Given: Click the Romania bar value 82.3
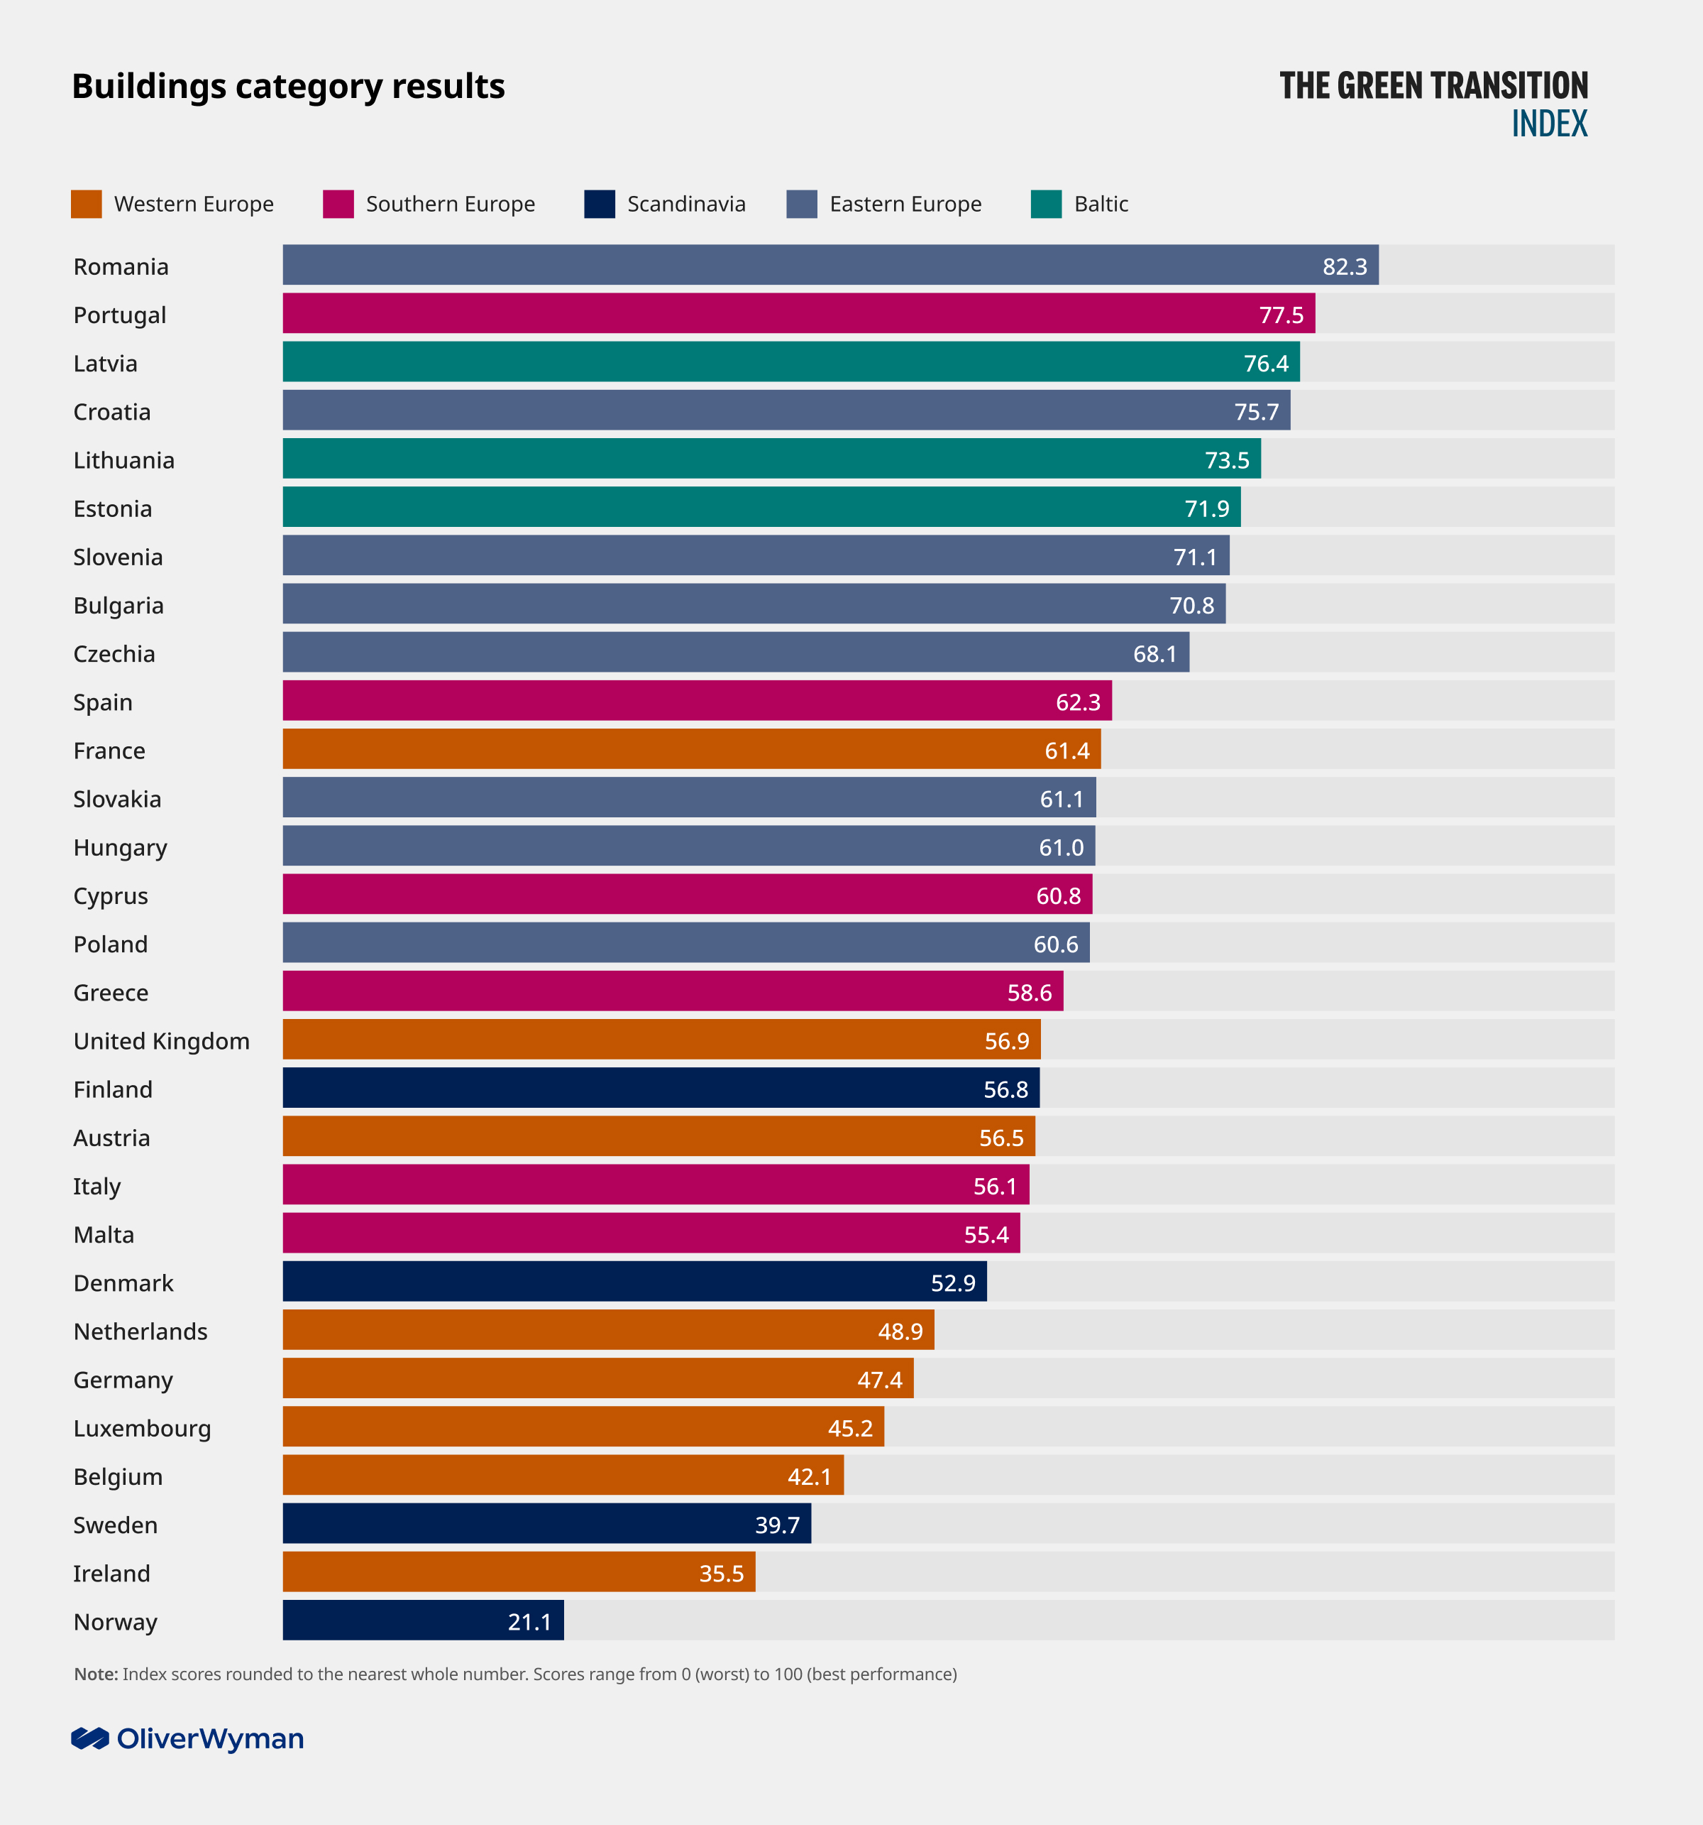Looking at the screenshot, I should [x=1344, y=266].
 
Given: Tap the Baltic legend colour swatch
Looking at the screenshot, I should [x=1046, y=204].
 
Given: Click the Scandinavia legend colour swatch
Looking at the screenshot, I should [x=599, y=204].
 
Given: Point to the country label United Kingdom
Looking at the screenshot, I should [x=162, y=1041].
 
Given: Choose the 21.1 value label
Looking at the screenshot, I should [x=529, y=1622].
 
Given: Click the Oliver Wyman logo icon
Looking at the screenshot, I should [x=90, y=1738].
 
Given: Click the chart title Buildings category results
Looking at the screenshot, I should [x=288, y=87].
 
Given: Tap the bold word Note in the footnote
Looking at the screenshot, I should [x=95, y=1674].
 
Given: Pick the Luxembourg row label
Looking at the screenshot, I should [x=142, y=1429].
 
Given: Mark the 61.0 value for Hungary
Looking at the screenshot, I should [x=1061, y=847].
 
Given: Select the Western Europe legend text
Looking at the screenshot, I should [x=194, y=204].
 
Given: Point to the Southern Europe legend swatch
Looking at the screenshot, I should [x=338, y=204].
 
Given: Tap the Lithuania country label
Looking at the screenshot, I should [x=124, y=460].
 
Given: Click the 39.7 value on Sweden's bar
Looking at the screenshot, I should [x=777, y=1525].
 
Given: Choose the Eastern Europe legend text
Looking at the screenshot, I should [x=905, y=204].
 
